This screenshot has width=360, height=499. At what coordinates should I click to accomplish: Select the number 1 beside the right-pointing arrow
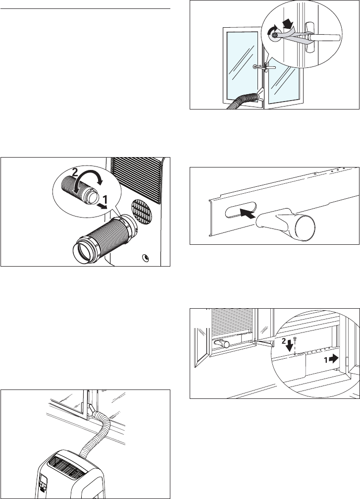coord(326,360)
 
